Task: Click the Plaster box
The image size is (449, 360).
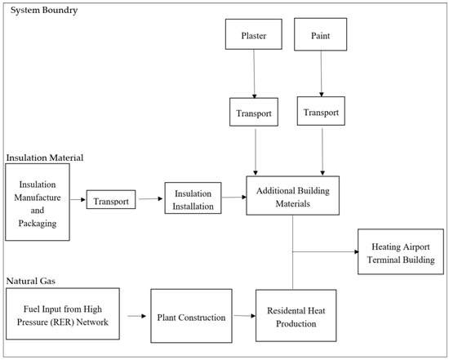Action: pyautogui.click(x=253, y=34)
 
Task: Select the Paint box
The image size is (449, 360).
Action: pyautogui.click(x=321, y=34)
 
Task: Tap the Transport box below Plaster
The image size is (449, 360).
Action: pyautogui.click(x=254, y=112)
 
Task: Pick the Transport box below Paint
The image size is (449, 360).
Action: pyautogui.click(x=321, y=111)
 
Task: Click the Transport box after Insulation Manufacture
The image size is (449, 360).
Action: pyautogui.click(x=111, y=199)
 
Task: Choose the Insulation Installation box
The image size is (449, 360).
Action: pyautogui.click(x=193, y=198)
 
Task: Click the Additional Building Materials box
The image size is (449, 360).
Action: pyautogui.click(x=293, y=196)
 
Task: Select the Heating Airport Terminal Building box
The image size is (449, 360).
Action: pyautogui.click(x=401, y=251)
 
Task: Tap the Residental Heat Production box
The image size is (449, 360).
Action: pyautogui.click(x=296, y=316)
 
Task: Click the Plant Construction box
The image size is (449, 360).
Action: pyautogui.click(x=191, y=316)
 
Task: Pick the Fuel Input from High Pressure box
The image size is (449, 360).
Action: pyautogui.click(x=63, y=314)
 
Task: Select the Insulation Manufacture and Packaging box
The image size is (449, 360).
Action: pyautogui.click(x=38, y=202)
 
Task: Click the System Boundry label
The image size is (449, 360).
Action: pyautogui.click(x=44, y=10)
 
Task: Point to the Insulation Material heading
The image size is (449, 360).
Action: pyautogui.click(x=45, y=158)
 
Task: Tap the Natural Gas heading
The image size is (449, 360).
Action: pyautogui.click(x=31, y=281)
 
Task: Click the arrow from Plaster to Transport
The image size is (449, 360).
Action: pyautogui.click(x=254, y=74)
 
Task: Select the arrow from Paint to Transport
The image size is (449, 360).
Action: pyautogui.click(x=322, y=74)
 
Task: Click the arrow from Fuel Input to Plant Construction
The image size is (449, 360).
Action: pyautogui.click(x=137, y=316)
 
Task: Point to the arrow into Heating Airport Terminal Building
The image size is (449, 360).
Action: pyautogui.click(x=326, y=252)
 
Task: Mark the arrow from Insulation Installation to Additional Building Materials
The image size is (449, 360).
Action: pyautogui.click(x=234, y=197)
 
